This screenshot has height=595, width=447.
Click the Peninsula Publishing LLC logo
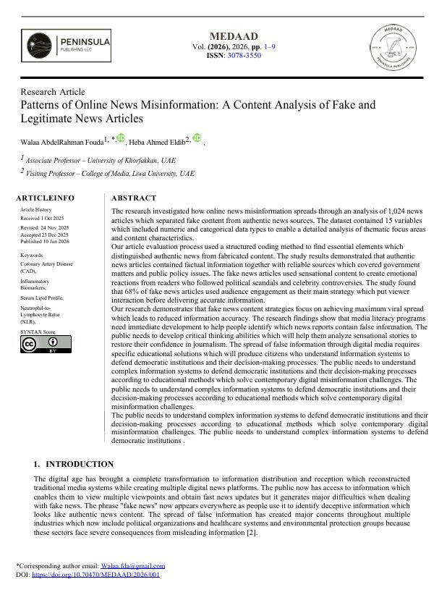coord(66,46)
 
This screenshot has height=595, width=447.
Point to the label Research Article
coord(53,92)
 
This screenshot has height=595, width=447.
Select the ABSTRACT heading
coord(134,198)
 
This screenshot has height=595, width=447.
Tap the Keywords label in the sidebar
coord(33,256)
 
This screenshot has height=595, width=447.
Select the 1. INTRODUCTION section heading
coord(74,464)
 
